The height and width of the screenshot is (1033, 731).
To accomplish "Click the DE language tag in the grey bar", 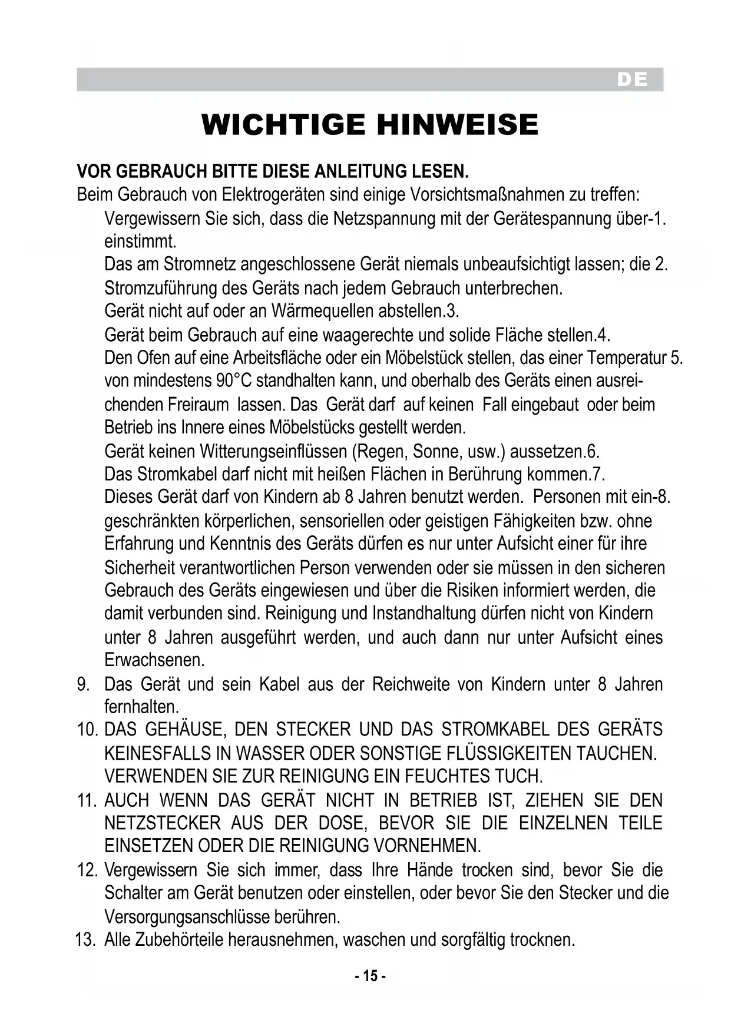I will pos(632,80).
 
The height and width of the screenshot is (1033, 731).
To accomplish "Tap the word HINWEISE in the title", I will pos(457,125).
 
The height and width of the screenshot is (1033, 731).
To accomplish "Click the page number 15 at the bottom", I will pos(370,976).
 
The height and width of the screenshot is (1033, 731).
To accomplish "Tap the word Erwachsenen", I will pos(154,660).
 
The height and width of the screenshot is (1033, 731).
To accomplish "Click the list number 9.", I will pos(82,684).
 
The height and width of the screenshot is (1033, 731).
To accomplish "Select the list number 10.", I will pos(87,730).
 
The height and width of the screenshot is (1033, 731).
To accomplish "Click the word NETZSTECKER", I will pos(162,823).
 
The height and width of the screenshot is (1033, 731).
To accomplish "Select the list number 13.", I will pos(85,939).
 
